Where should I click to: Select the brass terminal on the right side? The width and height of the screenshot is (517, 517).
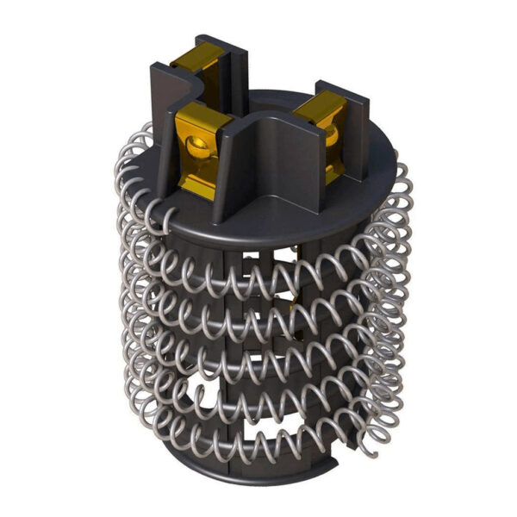pyautogui.click(x=327, y=121)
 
